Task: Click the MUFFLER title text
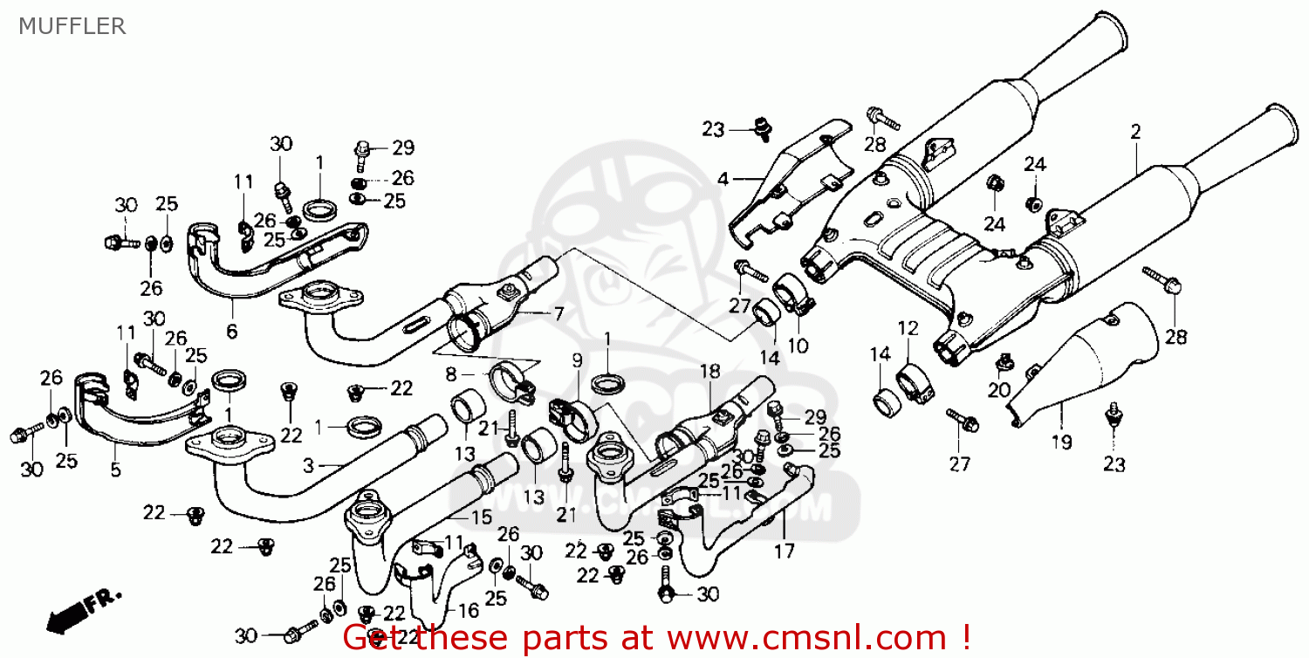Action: click(x=72, y=26)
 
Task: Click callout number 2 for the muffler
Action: click(x=1135, y=133)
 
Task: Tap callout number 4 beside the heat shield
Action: click(x=723, y=180)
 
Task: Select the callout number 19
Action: click(x=1061, y=442)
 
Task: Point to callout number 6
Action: click(x=232, y=332)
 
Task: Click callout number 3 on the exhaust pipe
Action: click(x=307, y=467)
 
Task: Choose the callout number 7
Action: click(x=559, y=313)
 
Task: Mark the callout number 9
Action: click(x=577, y=360)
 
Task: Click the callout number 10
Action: click(x=798, y=346)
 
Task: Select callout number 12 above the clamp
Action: click(x=908, y=329)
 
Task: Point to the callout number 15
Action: click(x=481, y=517)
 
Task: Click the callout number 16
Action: click(x=468, y=610)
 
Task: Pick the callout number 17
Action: click(x=784, y=551)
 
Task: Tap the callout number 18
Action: click(x=708, y=371)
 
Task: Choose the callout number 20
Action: click(x=999, y=391)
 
